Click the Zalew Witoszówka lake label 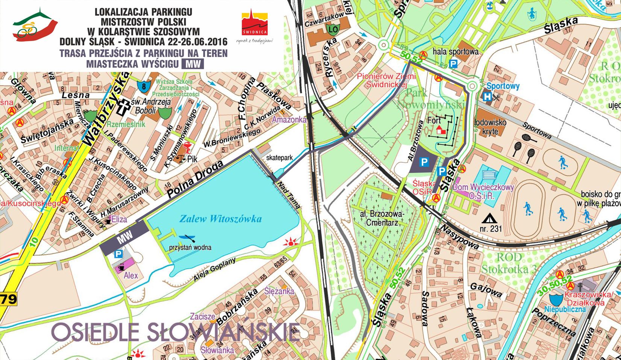pos(220,219)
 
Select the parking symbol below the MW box pos(118,254)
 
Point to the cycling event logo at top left pos(35,25)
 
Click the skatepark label pos(279,158)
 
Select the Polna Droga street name pos(195,179)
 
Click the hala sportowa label pos(455,51)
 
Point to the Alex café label pos(131,275)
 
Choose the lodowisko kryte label pos(490,127)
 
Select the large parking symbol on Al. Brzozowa pos(424,162)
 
